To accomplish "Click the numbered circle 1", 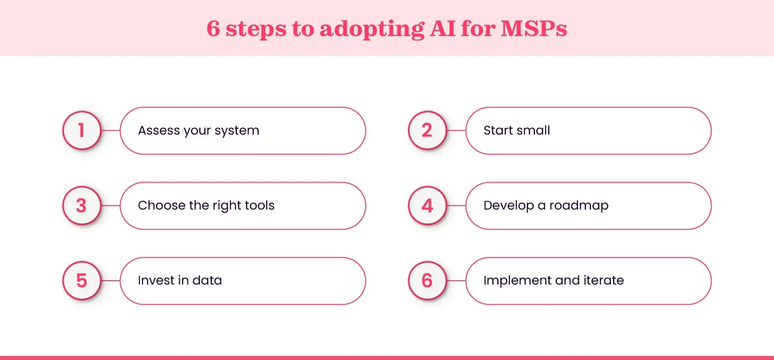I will [82, 130].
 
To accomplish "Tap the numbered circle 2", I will [427, 130].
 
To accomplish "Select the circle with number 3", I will [82, 206].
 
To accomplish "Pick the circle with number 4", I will [427, 206].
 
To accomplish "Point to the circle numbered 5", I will [82, 281].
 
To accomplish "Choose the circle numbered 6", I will [427, 281].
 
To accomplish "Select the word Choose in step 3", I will [161, 205].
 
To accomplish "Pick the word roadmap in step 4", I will [578, 206].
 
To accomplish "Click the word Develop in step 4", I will [509, 206].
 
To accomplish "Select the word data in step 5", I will [207, 280].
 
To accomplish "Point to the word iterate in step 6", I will [603, 280].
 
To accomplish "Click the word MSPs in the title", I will [534, 28].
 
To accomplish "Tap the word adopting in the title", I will [372, 29].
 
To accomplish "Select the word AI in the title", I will [442, 28].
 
